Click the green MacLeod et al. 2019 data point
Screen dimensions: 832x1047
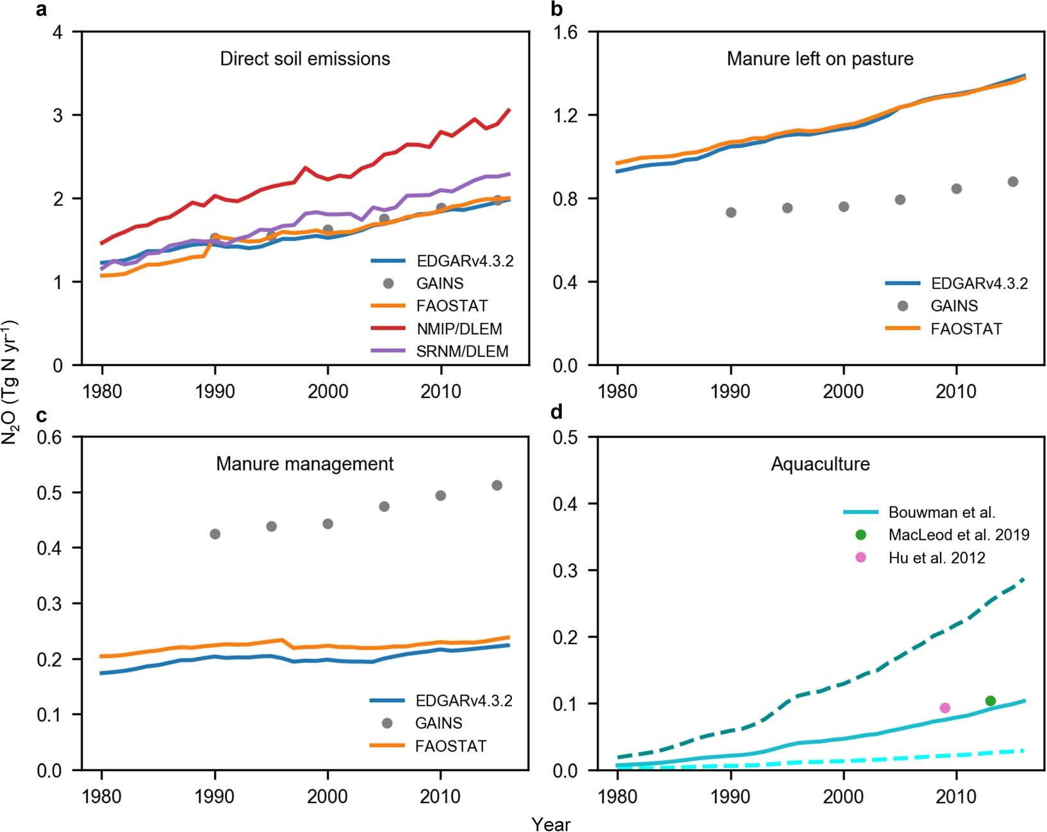(x=990, y=701)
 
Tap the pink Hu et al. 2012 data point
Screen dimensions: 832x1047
(x=944, y=708)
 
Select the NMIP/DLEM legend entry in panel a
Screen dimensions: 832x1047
(x=459, y=329)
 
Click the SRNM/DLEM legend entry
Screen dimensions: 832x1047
(x=462, y=351)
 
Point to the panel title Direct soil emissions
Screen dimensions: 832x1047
(x=305, y=59)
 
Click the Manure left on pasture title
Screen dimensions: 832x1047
(x=820, y=59)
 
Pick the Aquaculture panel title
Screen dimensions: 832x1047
(x=820, y=464)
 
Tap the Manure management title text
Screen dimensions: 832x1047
(x=304, y=464)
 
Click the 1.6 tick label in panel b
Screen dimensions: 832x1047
(x=565, y=32)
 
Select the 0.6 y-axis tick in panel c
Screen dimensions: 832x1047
(x=50, y=437)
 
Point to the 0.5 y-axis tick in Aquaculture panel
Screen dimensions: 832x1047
(x=565, y=437)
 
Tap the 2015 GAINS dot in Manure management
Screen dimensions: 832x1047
(x=497, y=485)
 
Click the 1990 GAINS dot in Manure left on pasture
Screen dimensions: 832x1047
(x=730, y=212)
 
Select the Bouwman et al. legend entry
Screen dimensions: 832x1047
(x=941, y=512)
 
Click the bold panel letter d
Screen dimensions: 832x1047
(x=556, y=412)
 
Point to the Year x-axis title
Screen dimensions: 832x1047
(x=550, y=824)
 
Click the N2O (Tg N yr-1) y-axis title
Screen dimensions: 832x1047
(x=11, y=385)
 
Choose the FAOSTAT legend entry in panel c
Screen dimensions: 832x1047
(x=450, y=746)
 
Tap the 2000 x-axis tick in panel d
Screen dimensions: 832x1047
(x=843, y=796)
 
